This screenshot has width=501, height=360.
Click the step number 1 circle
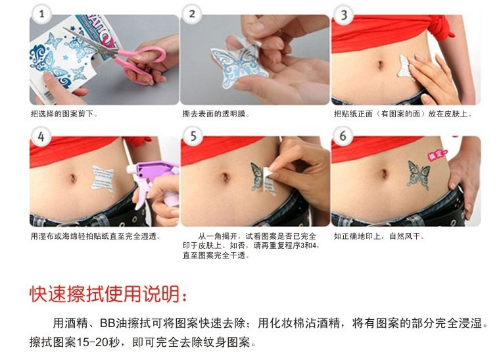pyautogui.click(x=41, y=14)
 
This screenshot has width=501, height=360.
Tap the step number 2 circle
pyautogui.click(x=192, y=14)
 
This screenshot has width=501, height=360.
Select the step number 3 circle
pyautogui.click(x=343, y=14)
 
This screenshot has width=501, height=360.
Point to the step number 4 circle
pyautogui.click(x=41, y=136)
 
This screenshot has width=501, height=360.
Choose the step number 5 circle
pyautogui.click(x=193, y=136)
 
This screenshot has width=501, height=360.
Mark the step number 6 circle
pyautogui.click(x=343, y=136)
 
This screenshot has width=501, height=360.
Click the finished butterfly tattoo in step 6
pyautogui.click(x=418, y=174)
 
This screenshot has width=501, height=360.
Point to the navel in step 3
pyautogui.click(x=380, y=65)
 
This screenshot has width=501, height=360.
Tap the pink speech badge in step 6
pyautogui.click(x=437, y=155)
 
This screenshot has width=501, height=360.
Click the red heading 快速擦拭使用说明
pyautogui.click(x=108, y=294)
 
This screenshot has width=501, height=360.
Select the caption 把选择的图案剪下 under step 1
pyautogui.click(x=64, y=114)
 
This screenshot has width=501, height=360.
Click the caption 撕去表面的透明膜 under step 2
pyautogui.click(x=216, y=114)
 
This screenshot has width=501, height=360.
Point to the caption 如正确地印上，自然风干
pyautogui.click(x=379, y=236)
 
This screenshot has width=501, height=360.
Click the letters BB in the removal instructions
pyautogui.click(x=108, y=323)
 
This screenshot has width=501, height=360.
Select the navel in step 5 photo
pyautogui.click(x=225, y=177)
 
